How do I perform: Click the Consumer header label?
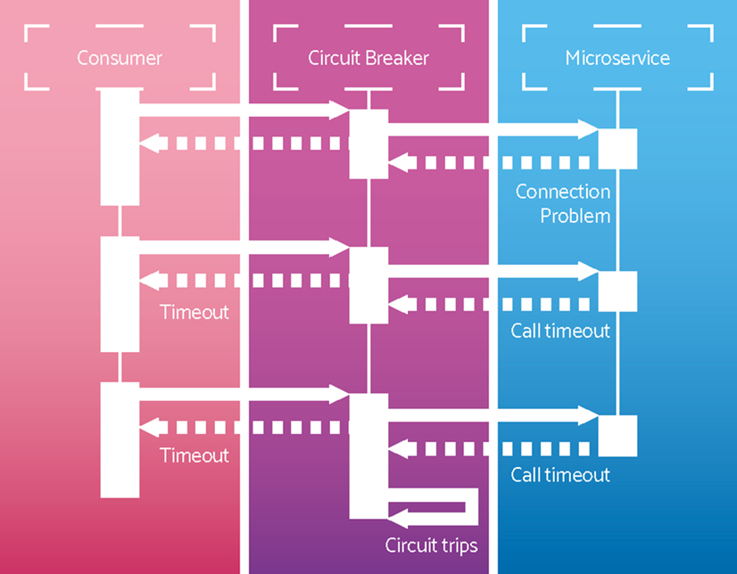pyautogui.click(x=120, y=59)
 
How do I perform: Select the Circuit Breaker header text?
pyautogui.click(x=368, y=59)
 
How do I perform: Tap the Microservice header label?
pyautogui.click(x=617, y=59)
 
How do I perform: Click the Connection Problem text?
pyautogui.click(x=563, y=203)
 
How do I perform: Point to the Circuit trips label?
pyautogui.click(x=431, y=545)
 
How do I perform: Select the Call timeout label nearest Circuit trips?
pyautogui.click(x=560, y=474)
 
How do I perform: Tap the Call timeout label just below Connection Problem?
pyautogui.click(x=560, y=331)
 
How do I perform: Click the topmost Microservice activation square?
pyautogui.click(x=617, y=149)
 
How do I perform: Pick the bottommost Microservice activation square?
pyautogui.click(x=617, y=436)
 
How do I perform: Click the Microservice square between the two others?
pyautogui.click(x=617, y=291)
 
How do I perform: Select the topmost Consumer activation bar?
pyautogui.click(x=120, y=147)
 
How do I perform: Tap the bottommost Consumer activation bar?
pyautogui.click(x=120, y=439)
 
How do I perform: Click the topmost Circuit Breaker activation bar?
pyautogui.click(x=368, y=143)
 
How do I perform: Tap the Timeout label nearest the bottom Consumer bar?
pyautogui.click(x=195, y=455)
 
